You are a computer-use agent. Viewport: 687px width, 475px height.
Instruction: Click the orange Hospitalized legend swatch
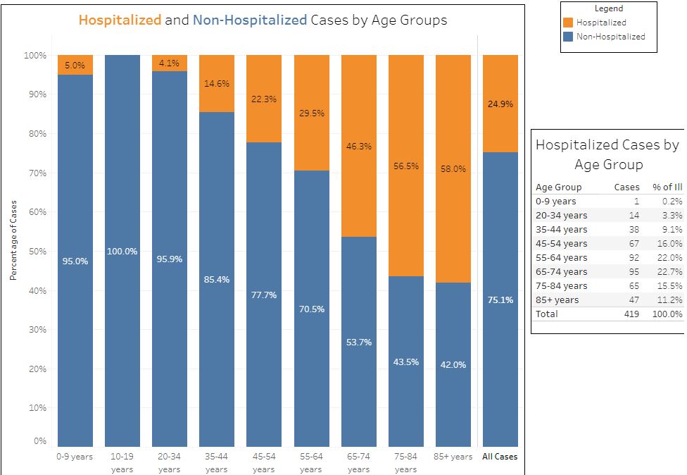point(569,23)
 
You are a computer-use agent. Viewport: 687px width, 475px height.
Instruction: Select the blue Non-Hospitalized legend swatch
point(569,37)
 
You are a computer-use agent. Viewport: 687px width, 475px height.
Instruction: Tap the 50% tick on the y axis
point(37,252)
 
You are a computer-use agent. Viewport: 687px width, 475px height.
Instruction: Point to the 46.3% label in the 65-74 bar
point(358,147)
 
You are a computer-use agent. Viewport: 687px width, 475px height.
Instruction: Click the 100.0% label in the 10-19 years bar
point(122,252)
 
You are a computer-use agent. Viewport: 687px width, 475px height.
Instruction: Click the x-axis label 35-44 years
point(217,462)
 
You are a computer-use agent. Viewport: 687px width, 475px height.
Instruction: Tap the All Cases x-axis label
point(500,457)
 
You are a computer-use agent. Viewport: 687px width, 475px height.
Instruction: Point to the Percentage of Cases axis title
point(13,240)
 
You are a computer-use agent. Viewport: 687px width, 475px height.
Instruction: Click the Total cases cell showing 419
point(631,314)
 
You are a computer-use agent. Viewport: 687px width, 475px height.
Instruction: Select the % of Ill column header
point(667,187)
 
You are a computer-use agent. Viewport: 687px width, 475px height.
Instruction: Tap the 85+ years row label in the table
point(557,300)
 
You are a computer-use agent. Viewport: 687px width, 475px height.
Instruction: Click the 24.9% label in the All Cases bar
point(500,104)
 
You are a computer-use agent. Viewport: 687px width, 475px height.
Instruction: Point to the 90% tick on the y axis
point(37,94)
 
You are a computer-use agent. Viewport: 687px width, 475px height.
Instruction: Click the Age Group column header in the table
point(558,187)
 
